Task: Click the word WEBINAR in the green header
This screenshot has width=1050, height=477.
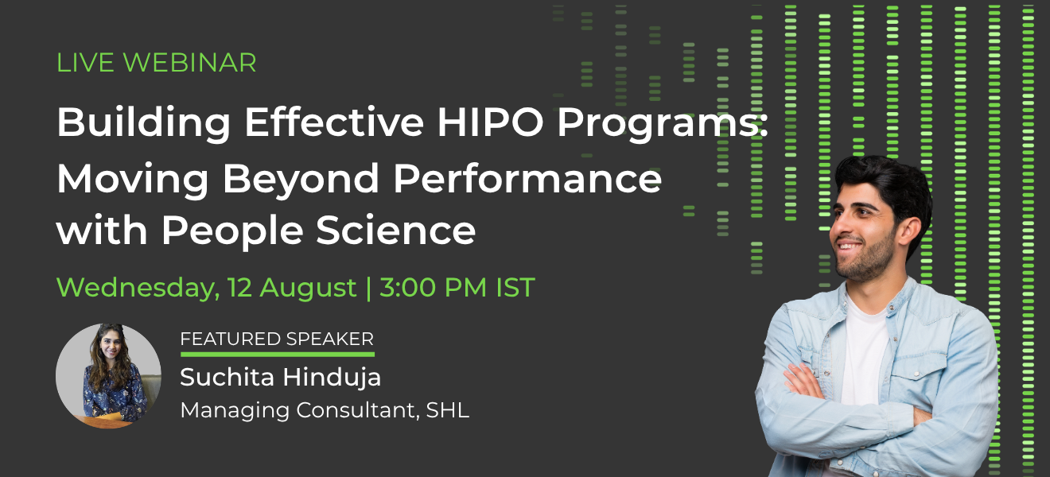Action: (x=189, y=63)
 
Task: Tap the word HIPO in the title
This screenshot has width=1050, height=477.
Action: (x=490, y=122)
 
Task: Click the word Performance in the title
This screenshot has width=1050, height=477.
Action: (x=527, y=179)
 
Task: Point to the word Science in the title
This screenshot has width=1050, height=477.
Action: (x=396, y=230)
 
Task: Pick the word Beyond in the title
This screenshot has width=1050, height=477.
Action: (x=301, y=180)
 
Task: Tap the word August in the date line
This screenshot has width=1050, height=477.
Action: (x=308, y=288)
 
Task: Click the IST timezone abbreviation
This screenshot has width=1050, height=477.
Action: (x=515, y=287)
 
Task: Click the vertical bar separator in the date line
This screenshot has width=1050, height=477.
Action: (x=368, y=288)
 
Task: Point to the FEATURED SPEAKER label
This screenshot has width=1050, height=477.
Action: (x=277, y=339)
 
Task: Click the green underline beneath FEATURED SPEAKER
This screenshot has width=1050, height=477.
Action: (x=278, y=355)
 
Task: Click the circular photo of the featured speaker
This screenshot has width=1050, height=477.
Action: (x=108, y=376)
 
